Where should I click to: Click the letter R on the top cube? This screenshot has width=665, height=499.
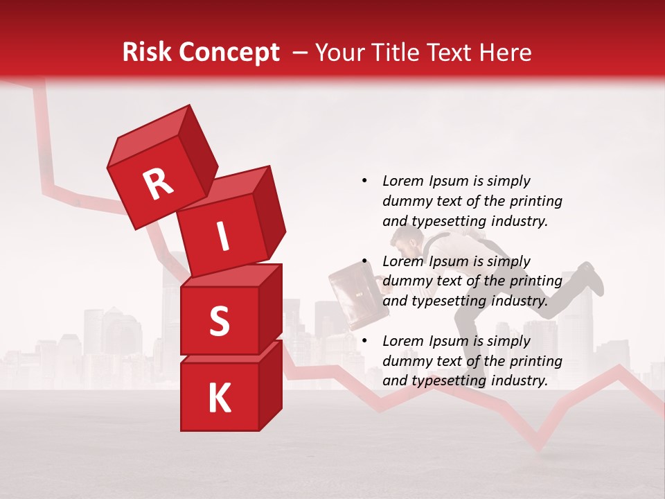(158, 184)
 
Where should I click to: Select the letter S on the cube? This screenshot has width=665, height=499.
(219, 322)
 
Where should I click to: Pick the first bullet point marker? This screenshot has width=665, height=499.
(364, 181)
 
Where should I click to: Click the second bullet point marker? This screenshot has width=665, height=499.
(364, 261)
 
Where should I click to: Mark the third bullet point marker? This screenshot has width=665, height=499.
(364, 341)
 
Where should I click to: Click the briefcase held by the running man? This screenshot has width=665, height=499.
(354, 297)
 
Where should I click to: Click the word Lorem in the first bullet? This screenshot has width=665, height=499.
(402, 181)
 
